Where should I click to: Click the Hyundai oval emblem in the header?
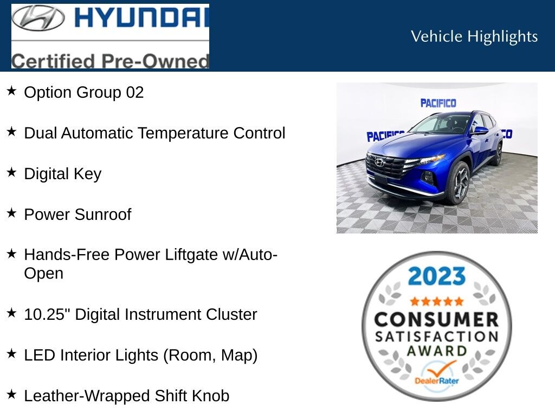38,18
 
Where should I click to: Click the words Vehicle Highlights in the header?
474,36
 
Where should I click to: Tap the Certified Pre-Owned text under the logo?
110,60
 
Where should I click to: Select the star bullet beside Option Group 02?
11,91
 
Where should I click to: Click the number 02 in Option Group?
135,92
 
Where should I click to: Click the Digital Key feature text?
63,174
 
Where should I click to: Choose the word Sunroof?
103,214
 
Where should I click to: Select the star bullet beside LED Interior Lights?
11,353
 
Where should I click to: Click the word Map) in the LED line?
239,355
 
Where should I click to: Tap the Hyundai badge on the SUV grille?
379,163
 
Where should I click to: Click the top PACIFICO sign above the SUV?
438,103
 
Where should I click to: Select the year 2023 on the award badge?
436,276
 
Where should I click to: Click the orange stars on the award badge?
437,301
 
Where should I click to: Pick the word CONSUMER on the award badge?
436,319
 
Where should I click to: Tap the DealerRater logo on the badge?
437,375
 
